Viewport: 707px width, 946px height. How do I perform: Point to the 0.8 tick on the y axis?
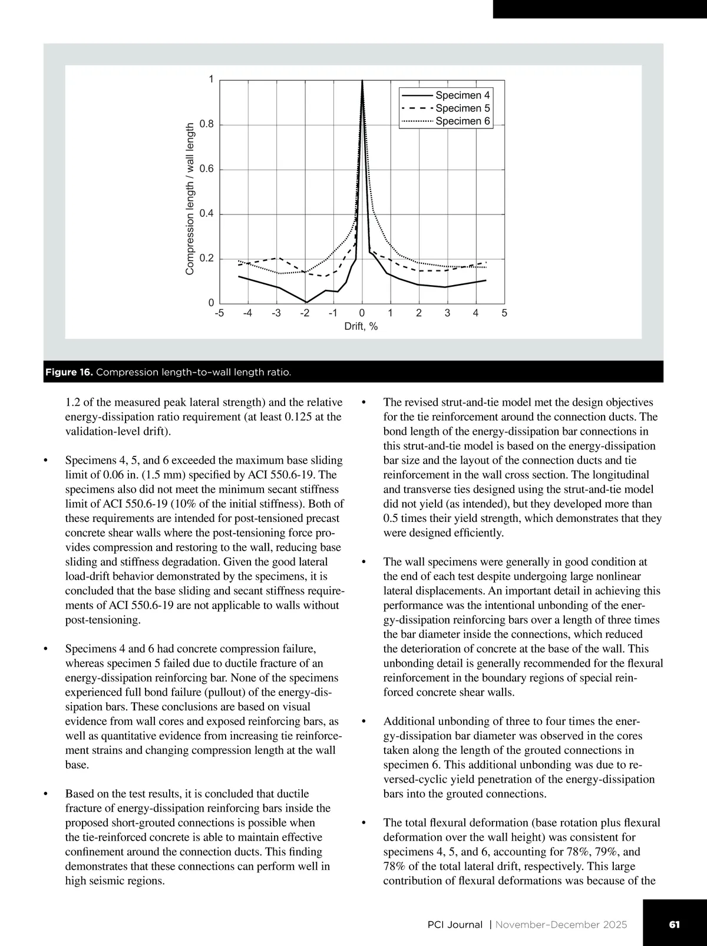[x=206, y=125]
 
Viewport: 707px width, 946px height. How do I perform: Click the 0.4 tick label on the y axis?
[x=206, y=214]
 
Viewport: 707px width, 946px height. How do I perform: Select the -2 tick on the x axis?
[x=305, y=313]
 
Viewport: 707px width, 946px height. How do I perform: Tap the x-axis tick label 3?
[x=447, y=313]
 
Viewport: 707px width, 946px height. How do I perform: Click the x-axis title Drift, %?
[x=361, y=327]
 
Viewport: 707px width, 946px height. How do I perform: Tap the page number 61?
[x=675, y=924]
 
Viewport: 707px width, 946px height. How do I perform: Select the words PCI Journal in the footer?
[x=455, y=925]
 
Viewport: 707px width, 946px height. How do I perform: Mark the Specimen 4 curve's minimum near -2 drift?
[x=306, y=302]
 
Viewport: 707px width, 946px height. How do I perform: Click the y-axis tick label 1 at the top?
[x=212, y=80]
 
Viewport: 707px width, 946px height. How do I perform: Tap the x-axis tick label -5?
[x=219, y=313]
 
